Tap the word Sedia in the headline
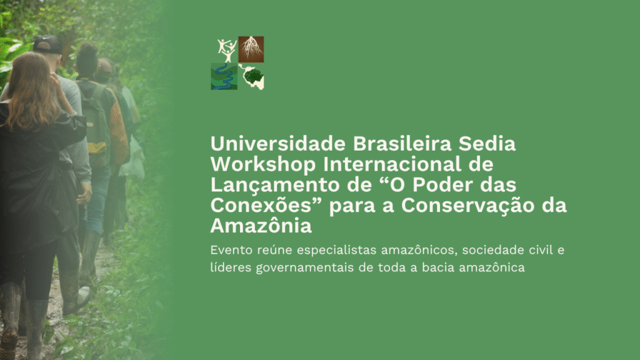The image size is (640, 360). click(x=487, y=144)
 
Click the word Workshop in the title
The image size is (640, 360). click(x=263, y=164)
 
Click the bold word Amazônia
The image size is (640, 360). click(x=261, y=224)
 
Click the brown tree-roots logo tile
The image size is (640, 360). click(x=251, y=49)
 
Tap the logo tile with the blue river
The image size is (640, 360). click(x=224, y=76)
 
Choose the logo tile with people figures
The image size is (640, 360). click(x=227, y=51)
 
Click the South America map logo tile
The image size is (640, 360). click(x=252, y=76)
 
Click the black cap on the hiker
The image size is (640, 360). click(x=47, y=44)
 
